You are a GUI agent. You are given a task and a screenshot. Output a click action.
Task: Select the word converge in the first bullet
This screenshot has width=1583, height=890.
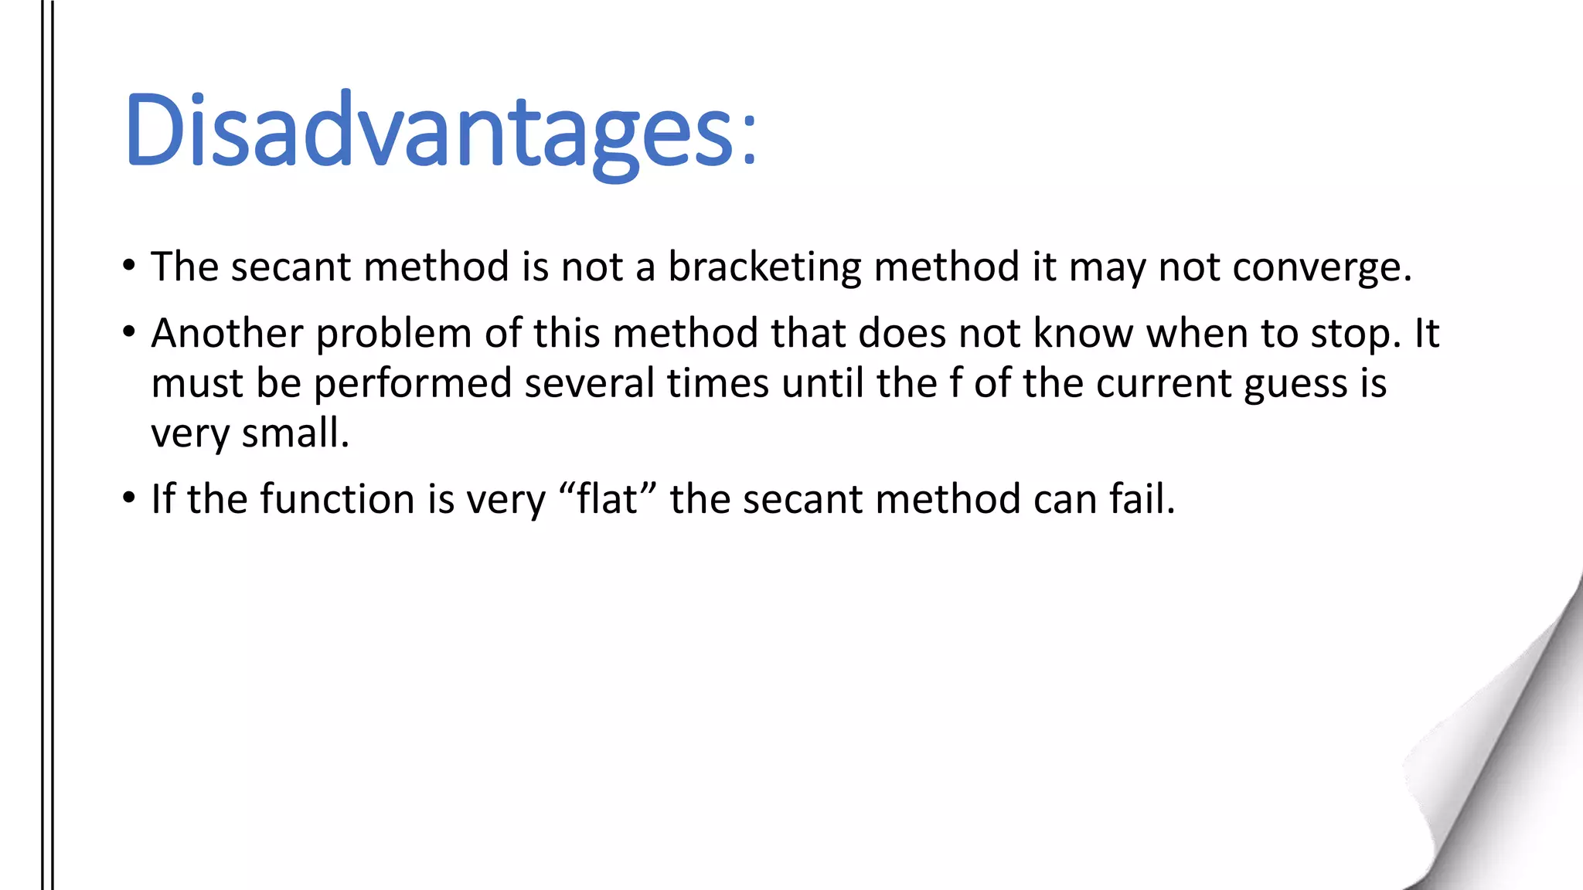(1321, 267)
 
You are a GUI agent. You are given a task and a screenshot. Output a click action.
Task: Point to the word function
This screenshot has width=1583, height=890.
(337, 499)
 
